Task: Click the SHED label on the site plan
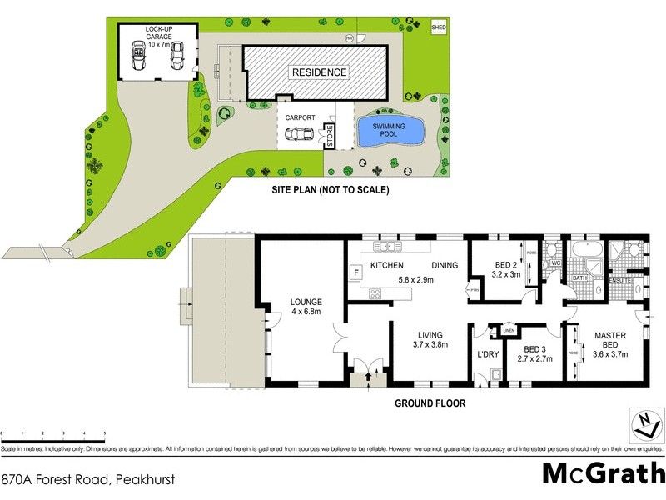click(439, 27)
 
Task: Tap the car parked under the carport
click(301, 136)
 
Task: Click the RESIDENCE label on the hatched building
click(318, 72)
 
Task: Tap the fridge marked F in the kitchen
click(356, 272)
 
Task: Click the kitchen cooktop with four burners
click(374, 292)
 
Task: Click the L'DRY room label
click(487, 354)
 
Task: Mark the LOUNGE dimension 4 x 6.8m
click(306, 312)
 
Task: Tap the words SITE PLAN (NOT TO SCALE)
click(331, 190)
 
